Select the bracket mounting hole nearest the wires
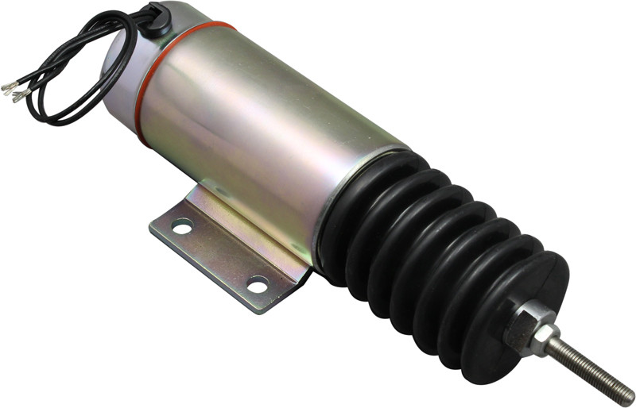pos(182,228)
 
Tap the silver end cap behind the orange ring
pos(119,79)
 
